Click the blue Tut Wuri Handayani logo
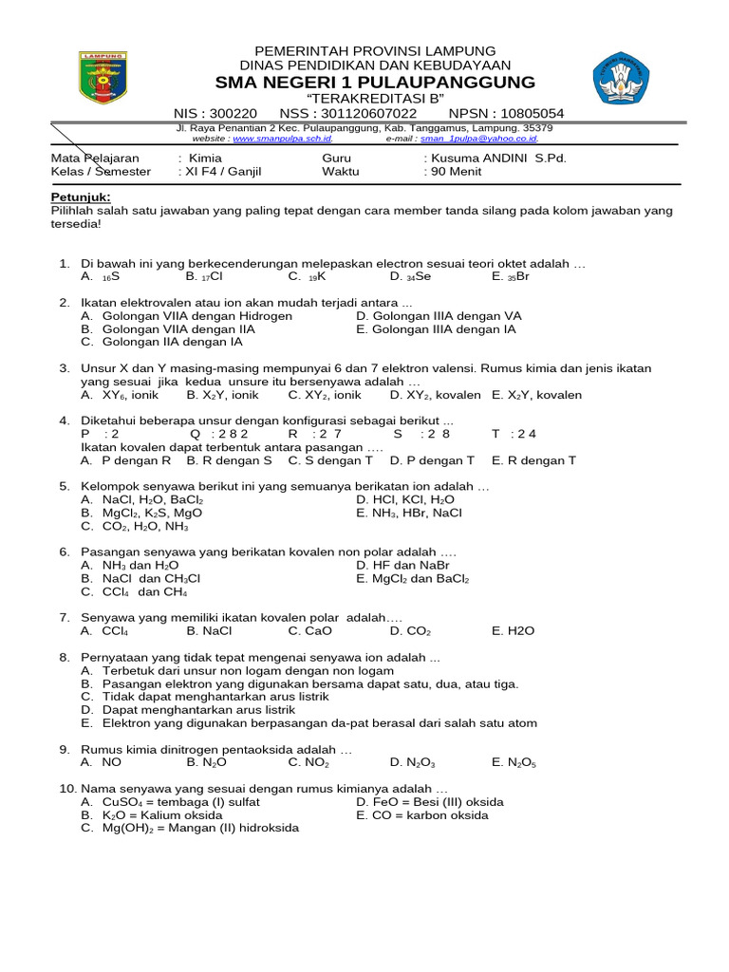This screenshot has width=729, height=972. (x=622, y=80)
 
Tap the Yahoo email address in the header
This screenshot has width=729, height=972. (x=486, y=138)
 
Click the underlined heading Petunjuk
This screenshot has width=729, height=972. (x=80, y=197)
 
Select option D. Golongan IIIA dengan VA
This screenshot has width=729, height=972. (x=439, y=316)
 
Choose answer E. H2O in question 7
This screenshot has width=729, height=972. (x=514, y=630)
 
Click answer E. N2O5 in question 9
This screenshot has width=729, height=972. (x=514, y=761)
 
